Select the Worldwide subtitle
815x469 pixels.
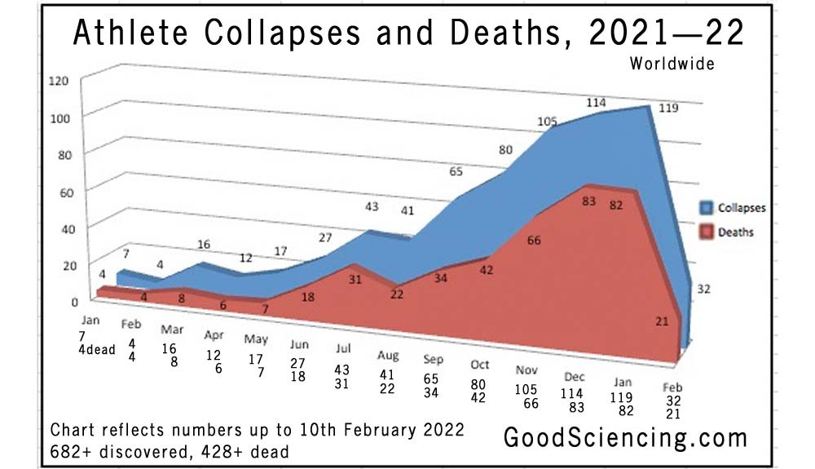pyautogui.click(x=672, y=64)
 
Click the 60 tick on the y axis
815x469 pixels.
pyautogui.click(x=64, y=192)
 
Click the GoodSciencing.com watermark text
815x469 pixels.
pyautogui.click(x=624, y=437)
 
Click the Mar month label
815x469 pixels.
pyautogui.click(x=171, y=330)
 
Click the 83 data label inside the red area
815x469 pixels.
pyautogui.click(x=589, y=201)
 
